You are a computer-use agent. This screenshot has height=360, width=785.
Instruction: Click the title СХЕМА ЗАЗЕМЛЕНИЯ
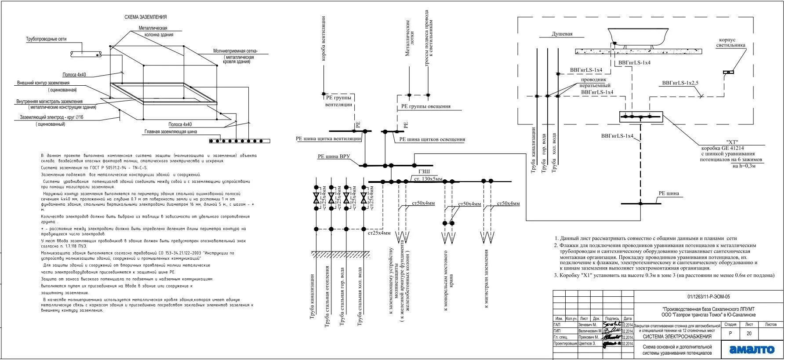(145, 17)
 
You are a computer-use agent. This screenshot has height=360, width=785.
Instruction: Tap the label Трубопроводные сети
(46, 39)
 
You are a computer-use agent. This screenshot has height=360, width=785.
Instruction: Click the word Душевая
(562, 34)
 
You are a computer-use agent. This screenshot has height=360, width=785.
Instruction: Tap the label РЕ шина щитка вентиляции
(328, 138)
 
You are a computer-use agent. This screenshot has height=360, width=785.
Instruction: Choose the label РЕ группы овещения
(425, 106)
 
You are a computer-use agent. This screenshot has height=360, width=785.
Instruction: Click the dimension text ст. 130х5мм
(428, 179)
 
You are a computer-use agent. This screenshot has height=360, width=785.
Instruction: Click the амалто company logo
(752, 349)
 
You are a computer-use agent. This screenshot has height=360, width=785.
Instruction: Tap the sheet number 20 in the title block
(749, 334)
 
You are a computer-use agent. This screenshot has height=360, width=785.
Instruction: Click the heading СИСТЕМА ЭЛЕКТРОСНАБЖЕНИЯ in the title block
(677, 337)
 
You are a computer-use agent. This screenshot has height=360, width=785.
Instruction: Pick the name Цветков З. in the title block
(587, 344)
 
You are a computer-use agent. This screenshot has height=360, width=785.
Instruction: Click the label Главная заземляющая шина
(171, 131)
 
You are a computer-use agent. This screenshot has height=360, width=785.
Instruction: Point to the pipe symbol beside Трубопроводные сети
(86, 53)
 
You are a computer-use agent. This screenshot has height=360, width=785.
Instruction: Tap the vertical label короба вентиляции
(323, 39)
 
